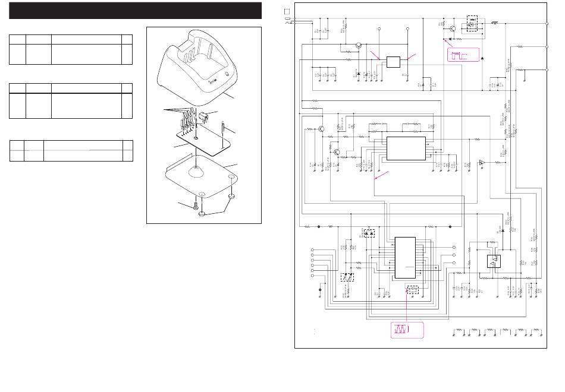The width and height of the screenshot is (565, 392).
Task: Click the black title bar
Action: [136, 11]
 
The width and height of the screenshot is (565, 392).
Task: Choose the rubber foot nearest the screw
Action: [202, 212]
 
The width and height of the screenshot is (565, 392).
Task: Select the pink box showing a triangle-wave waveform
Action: [407, 328]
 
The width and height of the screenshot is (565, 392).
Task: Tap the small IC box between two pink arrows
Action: [393, 62]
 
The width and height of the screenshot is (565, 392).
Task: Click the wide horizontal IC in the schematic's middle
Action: [406, 147]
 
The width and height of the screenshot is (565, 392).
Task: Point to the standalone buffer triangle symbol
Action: [482, 163]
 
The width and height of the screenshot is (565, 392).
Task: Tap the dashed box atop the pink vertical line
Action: [411, 289]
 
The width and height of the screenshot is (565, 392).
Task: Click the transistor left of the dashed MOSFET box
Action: [453, 27]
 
